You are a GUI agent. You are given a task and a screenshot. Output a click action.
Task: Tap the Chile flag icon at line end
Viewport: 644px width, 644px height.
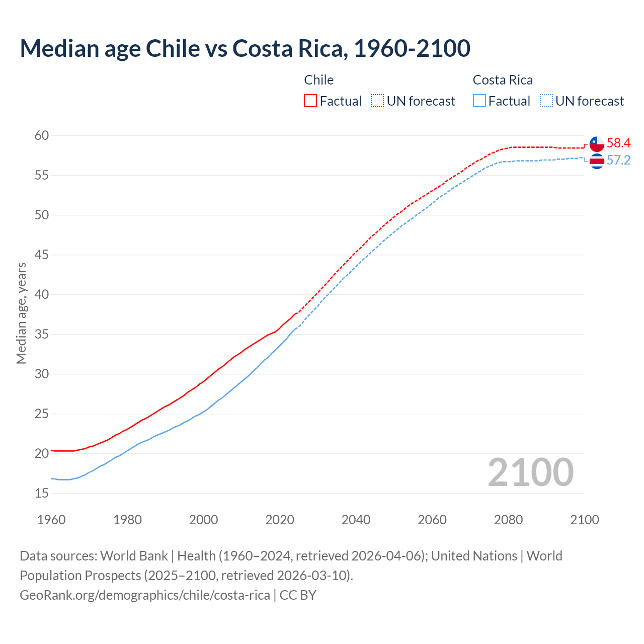597,144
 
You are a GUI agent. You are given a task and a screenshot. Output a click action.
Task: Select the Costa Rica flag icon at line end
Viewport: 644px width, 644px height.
597,161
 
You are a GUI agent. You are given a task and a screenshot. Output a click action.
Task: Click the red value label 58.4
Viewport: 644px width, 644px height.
618,143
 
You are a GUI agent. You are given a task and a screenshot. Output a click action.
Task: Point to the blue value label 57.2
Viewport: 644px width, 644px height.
618,160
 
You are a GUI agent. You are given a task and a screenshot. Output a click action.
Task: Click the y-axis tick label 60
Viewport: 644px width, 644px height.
42,135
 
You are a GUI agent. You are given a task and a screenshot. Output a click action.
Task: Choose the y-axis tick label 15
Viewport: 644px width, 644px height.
42,494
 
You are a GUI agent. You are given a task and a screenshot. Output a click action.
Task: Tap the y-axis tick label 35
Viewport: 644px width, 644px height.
42,335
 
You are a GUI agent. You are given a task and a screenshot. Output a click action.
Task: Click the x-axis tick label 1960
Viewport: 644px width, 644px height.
51,520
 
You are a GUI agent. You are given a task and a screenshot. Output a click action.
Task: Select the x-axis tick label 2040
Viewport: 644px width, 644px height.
356,520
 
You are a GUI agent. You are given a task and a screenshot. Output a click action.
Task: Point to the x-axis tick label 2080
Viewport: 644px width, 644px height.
508,520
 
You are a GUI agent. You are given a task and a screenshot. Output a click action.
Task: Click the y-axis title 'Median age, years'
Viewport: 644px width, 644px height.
21,313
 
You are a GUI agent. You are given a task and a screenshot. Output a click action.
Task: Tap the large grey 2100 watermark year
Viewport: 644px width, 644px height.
530,472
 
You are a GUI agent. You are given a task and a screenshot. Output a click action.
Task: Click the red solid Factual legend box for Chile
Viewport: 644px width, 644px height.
310,101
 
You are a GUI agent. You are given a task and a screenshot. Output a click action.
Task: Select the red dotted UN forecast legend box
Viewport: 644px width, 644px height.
377,101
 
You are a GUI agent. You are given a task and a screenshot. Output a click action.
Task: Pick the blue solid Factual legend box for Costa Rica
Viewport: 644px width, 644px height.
479,101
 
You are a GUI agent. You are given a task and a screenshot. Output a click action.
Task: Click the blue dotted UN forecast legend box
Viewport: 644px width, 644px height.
546,101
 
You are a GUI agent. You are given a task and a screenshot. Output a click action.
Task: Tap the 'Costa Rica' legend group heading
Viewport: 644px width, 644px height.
503,80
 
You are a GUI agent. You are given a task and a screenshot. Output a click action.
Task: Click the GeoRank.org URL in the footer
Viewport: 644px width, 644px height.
145,595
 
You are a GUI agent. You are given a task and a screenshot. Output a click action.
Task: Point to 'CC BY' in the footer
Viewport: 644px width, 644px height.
298,595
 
